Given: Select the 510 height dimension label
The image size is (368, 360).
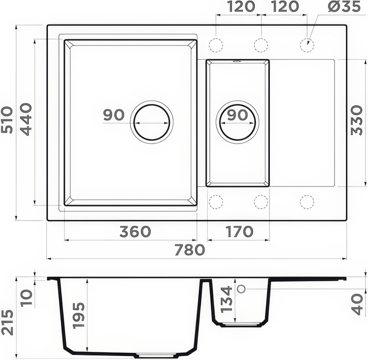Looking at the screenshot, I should coord(8,120).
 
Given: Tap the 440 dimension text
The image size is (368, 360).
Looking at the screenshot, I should coord(25,120).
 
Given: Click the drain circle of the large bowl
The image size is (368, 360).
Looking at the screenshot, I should coord(152,122).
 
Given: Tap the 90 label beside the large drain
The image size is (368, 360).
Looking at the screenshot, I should coord(114,115).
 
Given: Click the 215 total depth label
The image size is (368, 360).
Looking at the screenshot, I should coord(8,322).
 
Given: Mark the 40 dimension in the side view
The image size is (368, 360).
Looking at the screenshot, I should coord(358,304).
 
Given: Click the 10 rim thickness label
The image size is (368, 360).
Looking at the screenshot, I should coord(26,297).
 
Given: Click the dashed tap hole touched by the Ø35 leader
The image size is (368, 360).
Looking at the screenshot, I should coord(307,45).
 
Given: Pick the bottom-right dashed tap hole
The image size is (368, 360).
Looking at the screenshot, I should coord(307,202).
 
